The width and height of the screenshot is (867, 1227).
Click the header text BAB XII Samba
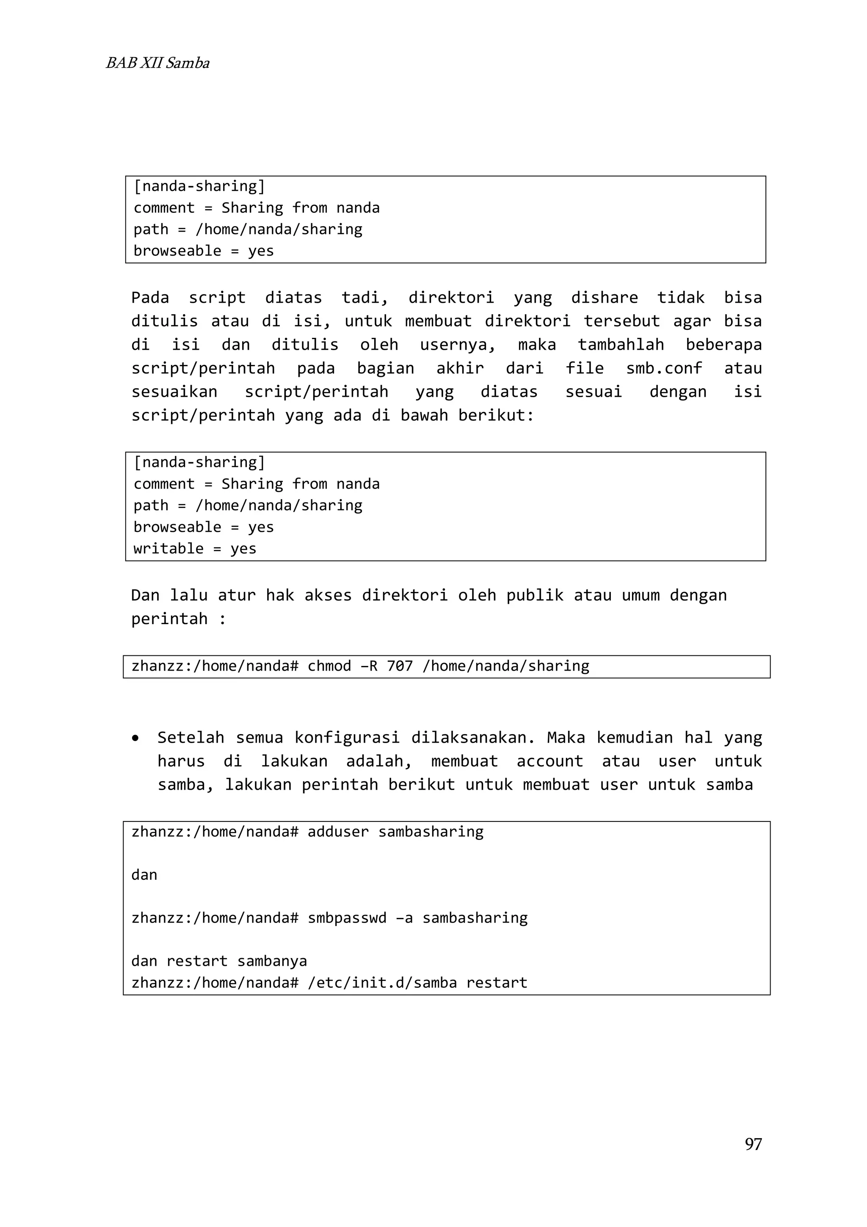coord(157,63)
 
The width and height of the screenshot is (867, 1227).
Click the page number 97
coord(753,1144)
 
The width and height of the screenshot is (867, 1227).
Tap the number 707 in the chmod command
coord(400,666)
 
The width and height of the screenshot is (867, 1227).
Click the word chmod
coord(329,666)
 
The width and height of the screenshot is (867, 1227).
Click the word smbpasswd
coord(347,917)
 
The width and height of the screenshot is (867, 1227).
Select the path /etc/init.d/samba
coord(382,982)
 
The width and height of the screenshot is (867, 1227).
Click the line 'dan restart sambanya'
coord(219,961)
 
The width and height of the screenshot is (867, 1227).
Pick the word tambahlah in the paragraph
coord(621,345)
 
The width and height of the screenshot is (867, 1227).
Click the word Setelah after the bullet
coord(191,738)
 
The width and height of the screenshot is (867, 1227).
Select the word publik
coord(535,595)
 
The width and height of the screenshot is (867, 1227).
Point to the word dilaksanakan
coord(473,738)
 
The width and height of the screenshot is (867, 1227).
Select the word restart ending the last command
coord(496,982)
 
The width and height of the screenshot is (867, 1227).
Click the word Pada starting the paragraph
coord(150,298)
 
